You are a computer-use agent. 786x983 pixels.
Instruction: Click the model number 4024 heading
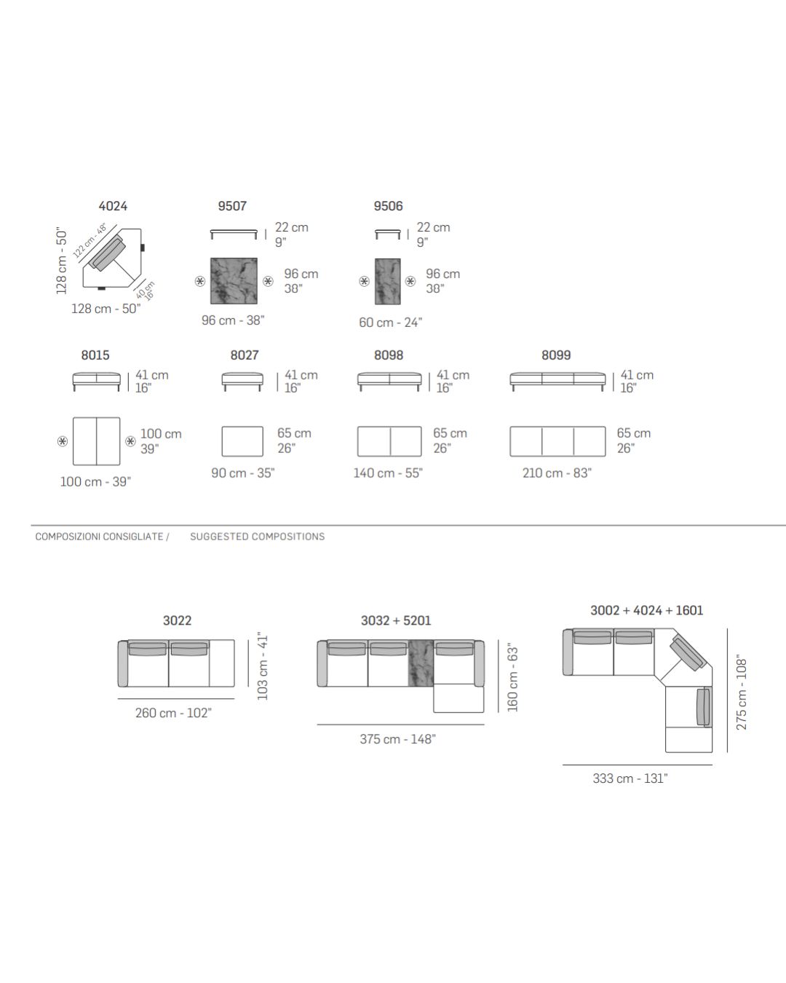(x=113, y=206)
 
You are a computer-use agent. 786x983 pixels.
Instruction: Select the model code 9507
(x=232, y=206)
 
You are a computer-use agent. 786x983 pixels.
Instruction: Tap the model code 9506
(x=388, y=206)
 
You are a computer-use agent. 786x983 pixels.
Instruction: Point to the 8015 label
(x=95, y=355)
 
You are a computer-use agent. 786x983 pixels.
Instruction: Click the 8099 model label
(x=556, y=355)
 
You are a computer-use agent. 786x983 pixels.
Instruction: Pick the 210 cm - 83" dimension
(x=557, y=473)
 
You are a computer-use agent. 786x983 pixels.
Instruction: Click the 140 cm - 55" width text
(x=388, y=473)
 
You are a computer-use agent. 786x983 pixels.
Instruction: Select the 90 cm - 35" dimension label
(x=242, y=473)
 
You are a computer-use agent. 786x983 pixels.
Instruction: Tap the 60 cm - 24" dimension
(x=390, y=323)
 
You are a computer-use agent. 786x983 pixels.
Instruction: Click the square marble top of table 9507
(x=234, y=281)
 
